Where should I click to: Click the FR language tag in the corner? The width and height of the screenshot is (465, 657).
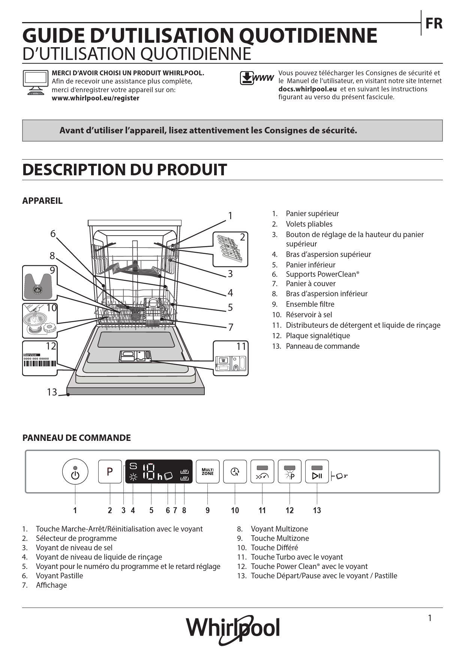click(x=433, y=24)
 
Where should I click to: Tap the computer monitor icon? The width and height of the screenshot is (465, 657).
click(x=36, y=82)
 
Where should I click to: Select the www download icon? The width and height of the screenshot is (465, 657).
click(x=257, y=78)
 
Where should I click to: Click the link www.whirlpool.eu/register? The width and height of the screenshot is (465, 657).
click(x=95, y=98)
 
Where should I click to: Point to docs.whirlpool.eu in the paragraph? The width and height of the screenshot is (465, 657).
click(x=307, y=89)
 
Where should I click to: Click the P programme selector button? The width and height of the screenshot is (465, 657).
click(x=110, y=471)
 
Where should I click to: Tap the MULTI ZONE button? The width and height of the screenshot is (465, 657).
click(x=207, y=471)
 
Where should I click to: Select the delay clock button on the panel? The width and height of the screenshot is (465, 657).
click(x=235, y=471)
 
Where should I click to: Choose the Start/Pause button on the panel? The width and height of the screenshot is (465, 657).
click(x=317, y=471)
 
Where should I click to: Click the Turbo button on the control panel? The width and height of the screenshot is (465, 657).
click(x=262, y=471)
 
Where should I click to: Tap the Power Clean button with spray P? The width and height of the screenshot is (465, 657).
click(x=289, y=471)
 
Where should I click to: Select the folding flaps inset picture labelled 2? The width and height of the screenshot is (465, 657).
click(x=230, y=249)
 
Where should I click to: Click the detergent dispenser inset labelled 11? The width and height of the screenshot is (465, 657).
click(x=231, y=358)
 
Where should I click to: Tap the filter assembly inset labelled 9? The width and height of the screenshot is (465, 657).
click(x=40, y=283)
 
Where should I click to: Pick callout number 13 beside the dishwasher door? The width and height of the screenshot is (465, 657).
click(x=52, y=392)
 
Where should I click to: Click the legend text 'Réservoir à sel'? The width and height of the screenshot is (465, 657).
click(x=309, y=315)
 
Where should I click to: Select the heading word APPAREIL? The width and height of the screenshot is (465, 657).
click(x=42, y=201)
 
